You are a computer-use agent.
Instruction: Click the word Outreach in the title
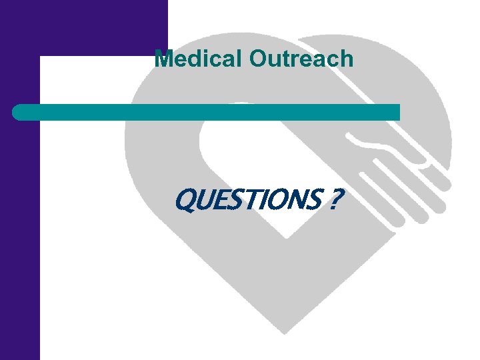(x=301, y=59)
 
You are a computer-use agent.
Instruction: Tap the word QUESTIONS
(x=247, y=198)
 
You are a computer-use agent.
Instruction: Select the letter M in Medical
(x=163, y=59)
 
